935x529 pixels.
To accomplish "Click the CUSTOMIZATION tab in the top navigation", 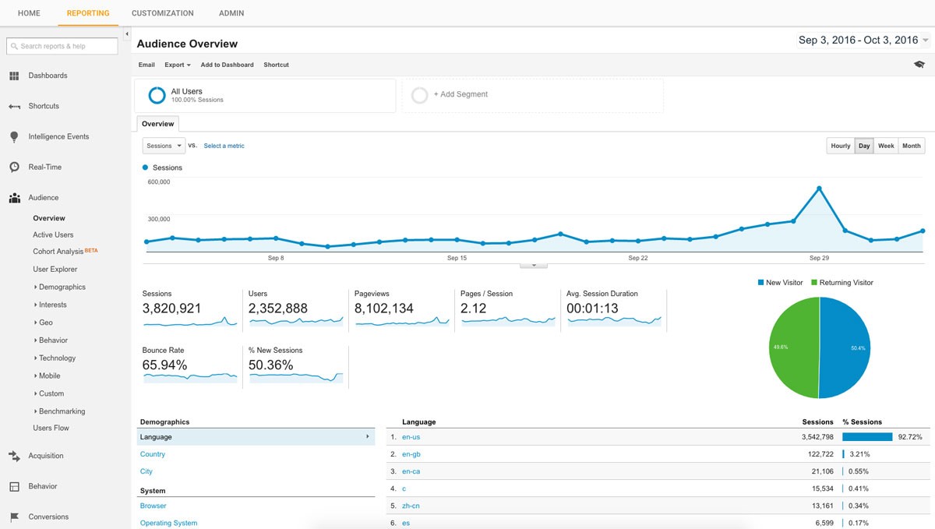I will click(162, 13).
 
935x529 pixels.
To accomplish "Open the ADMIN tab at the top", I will click(231, 13).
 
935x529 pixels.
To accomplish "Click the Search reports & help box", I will click(62, 46).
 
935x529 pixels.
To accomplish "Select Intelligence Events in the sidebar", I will click(58, 136).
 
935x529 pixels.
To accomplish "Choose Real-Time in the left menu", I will click(44, 167).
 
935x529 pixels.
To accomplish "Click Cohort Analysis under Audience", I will click(58, 252).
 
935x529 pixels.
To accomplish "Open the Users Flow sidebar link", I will click(51, 428).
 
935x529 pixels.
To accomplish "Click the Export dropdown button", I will click(177, 65).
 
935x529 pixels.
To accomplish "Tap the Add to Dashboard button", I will click(227, 65).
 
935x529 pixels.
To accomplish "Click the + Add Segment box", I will click(532, 95).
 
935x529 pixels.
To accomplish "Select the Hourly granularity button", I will click(841, 146).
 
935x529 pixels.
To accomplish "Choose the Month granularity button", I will click(911, 146).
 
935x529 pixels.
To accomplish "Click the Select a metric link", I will click(224, 146).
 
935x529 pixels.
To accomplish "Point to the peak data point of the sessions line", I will click(819, 188).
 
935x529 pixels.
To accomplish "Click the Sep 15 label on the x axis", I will click(457, 258).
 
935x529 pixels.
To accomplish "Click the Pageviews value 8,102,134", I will click(385, 309).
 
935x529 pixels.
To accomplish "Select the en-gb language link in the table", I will click(411, 454).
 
